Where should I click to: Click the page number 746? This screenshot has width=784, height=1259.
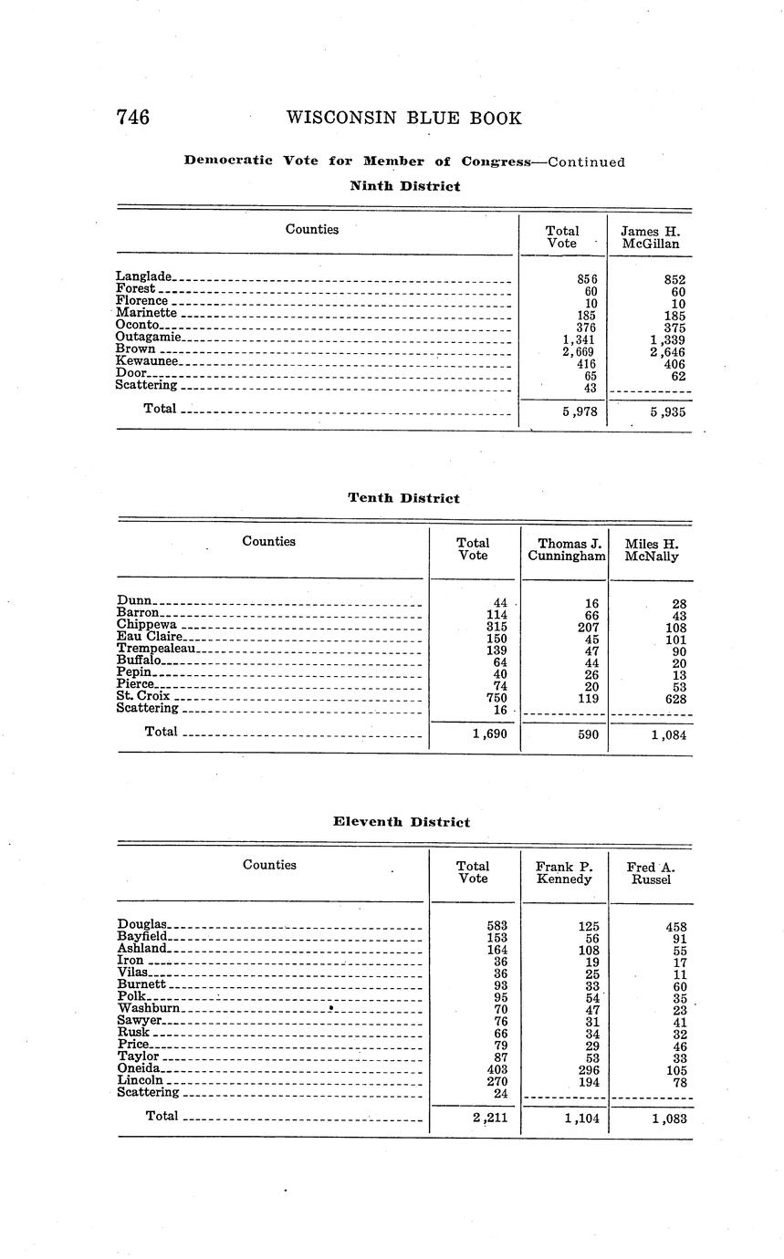click(x=133, y=118)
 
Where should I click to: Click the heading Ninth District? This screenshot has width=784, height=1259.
click(x=405, y=186)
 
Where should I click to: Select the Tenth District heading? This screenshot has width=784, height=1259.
click(x=403, y=498)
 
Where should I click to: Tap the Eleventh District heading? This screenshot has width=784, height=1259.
click(x=402, y=822)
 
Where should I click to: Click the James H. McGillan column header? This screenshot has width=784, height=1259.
click(x=651, y=237)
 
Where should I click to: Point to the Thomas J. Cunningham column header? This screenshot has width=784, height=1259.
click(x=566, y=549)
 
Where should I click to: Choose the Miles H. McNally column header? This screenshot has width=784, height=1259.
click(x=652, y=549)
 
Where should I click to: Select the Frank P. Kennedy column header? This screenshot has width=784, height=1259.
click(x=564, y=872)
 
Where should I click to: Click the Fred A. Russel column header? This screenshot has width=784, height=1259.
click(x=651, y=872)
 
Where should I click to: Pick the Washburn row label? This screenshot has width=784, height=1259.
click(x=149, y=1008)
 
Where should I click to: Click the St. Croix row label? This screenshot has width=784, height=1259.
click(x=144, y=695)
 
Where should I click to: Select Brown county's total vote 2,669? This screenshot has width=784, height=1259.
click(x=580, y=352)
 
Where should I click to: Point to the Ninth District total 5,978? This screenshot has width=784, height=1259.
click(x=580, y=411)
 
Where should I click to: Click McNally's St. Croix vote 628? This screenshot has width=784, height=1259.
click(x=674, y=698)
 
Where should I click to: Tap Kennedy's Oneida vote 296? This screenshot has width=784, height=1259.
click(x=588, y=1069)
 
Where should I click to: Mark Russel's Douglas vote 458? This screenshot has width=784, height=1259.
click(x=675, y=927)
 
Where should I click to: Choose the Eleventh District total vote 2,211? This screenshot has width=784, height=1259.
click(x=490, y=1118)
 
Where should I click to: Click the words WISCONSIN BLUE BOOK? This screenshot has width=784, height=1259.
click(x=403, y=118)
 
